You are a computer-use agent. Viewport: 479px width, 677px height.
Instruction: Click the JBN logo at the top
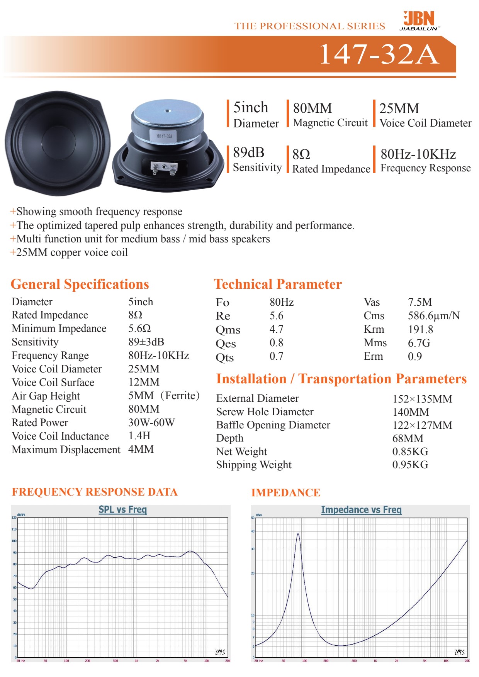[x=419, y=20]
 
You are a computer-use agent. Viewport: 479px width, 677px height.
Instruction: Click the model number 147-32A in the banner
[x=379, y=54]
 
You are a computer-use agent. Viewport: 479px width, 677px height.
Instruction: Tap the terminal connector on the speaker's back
[x=164, y=167]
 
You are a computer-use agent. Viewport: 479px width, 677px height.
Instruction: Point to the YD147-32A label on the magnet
[x=164, y=136]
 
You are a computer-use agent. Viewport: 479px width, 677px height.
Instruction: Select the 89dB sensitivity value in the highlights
[x=249, y=152]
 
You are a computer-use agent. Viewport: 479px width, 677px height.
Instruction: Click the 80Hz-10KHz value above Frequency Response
[x=418, y=154]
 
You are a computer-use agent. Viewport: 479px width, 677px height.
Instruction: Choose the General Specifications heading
[x=80, y=284]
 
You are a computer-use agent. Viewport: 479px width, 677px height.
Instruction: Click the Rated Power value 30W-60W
[x=151, y=422]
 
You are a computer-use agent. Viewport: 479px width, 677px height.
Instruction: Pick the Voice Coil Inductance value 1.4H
[x=139, y=436]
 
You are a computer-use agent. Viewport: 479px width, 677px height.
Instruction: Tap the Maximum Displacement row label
[x=66, y=450]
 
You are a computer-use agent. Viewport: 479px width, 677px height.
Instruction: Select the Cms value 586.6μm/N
[x=433, y=316]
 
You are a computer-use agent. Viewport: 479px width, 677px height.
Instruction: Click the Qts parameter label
[x=224, y=357]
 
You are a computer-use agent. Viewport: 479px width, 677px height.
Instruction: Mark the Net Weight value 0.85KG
[x=410, y=451]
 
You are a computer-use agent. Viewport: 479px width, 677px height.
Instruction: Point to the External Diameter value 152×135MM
[x=422, y=399]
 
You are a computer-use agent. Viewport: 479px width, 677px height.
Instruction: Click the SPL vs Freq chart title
[x=122, y=509]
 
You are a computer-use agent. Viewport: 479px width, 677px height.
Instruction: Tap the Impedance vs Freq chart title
[x=361, y=510]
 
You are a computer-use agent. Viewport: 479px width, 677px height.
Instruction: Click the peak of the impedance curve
[x=298, y=534]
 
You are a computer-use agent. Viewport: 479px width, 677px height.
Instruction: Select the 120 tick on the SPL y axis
[x=14, y=518]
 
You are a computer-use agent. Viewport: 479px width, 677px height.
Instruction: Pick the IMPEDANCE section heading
[x=285, y=493]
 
